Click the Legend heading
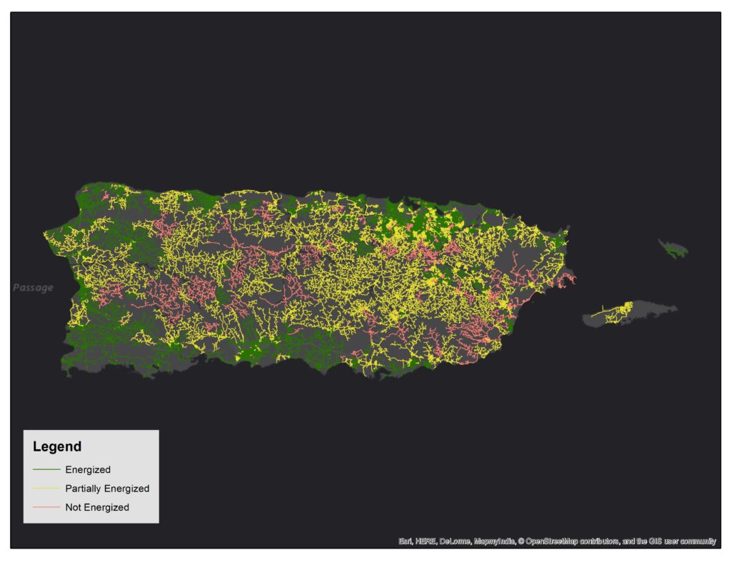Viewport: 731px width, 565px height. click(x=57, y=447)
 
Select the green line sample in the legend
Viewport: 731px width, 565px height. click(x=46, y=469)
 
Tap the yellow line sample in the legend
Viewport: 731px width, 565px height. click(x=46, y=489)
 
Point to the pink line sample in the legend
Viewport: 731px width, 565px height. click(x=46, y=507)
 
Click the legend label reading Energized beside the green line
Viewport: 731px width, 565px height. click(x=87, y=469)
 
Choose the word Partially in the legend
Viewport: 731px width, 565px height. click(x=84, y=489)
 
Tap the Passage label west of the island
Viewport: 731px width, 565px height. click(x=33, y=288)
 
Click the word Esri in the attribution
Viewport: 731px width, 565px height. click(x=405, y=541)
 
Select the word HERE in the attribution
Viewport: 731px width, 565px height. click(x=425, y=541)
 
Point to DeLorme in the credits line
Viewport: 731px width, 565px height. click(x=455, y=541)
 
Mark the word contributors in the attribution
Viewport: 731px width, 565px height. click(x=604, y=541)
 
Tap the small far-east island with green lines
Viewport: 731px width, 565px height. click(x=673, y=249)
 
